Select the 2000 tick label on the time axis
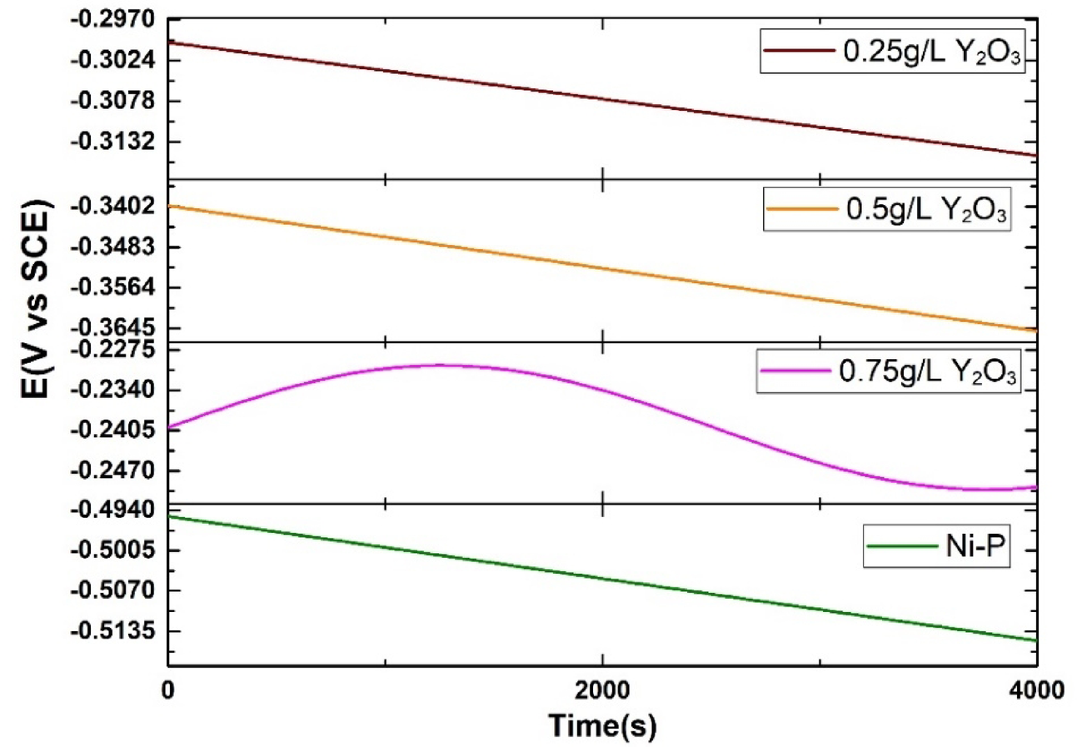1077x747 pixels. coord(601,690)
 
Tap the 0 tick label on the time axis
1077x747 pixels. coord(168,690)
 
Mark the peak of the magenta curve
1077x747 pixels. coord(437,365)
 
